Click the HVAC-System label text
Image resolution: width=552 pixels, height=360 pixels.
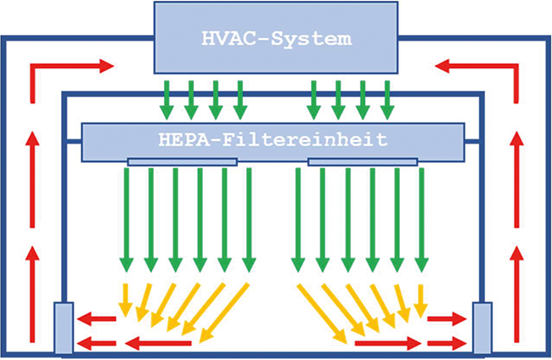(276, 38)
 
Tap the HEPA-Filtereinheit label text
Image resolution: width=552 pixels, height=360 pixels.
(273, 140)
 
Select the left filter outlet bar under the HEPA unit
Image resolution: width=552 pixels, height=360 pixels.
(183, 162)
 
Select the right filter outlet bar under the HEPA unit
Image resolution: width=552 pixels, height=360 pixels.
(363, 162)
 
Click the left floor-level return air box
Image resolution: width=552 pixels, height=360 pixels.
(64, 328)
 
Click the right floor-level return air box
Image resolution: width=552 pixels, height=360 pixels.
(482, 328)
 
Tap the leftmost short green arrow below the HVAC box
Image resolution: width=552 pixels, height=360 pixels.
(166, 100)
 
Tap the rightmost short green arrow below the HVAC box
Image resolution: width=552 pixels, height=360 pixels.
(387, 100)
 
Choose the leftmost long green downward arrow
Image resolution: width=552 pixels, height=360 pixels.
(127, 220)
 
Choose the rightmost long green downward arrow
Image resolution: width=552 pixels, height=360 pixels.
(421, 220)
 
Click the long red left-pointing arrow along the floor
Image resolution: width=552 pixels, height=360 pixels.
(159, 344)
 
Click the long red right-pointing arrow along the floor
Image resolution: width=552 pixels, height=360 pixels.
(388, 344)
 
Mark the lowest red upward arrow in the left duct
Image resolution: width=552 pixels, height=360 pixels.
(32, 294)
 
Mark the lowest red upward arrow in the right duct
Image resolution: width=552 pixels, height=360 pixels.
(516, 294)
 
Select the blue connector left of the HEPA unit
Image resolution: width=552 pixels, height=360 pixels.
(74, 142)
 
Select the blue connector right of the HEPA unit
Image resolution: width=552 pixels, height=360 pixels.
(472, 142)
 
